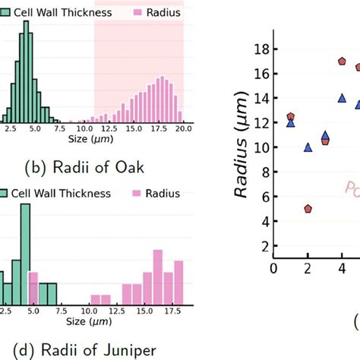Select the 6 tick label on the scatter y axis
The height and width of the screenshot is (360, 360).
263,197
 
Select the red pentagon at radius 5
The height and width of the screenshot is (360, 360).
308,208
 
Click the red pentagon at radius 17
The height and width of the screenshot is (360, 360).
343,62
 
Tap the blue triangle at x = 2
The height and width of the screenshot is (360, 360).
308,147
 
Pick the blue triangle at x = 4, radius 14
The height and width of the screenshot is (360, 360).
342,98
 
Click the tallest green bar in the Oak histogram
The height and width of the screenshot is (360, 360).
27,72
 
